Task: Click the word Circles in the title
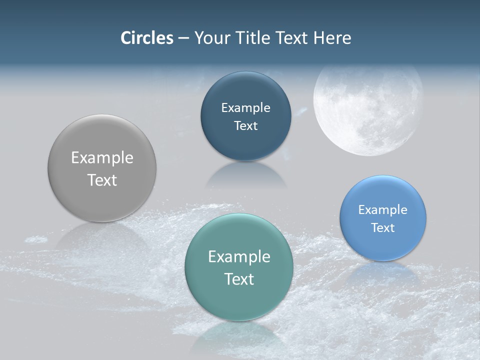(x=146, y=38)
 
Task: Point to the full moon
(x=368, y=109)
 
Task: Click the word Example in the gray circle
(x=102, y=158)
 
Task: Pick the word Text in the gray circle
(x=102, y=180)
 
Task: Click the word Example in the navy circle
(x=246, y=108)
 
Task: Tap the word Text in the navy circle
(x=246, y=126)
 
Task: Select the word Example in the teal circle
(x=239, y=257)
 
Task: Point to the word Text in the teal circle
(x=239, y=279)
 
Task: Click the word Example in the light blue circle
(x=383, y=210)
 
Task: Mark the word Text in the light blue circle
(x=383, y=228)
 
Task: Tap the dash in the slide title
(x=183, y=38)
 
